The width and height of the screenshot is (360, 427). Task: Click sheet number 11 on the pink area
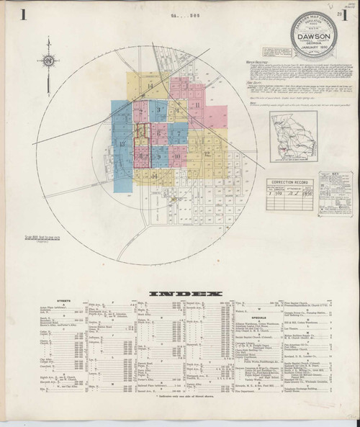click(197, 105)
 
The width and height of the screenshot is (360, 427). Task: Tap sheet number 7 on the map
click(178, 134)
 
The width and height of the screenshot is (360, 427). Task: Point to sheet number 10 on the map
click(177, 156)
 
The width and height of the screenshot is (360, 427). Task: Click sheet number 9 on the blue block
click(158, 156)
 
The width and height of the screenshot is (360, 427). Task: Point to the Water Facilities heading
click(256, 62)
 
